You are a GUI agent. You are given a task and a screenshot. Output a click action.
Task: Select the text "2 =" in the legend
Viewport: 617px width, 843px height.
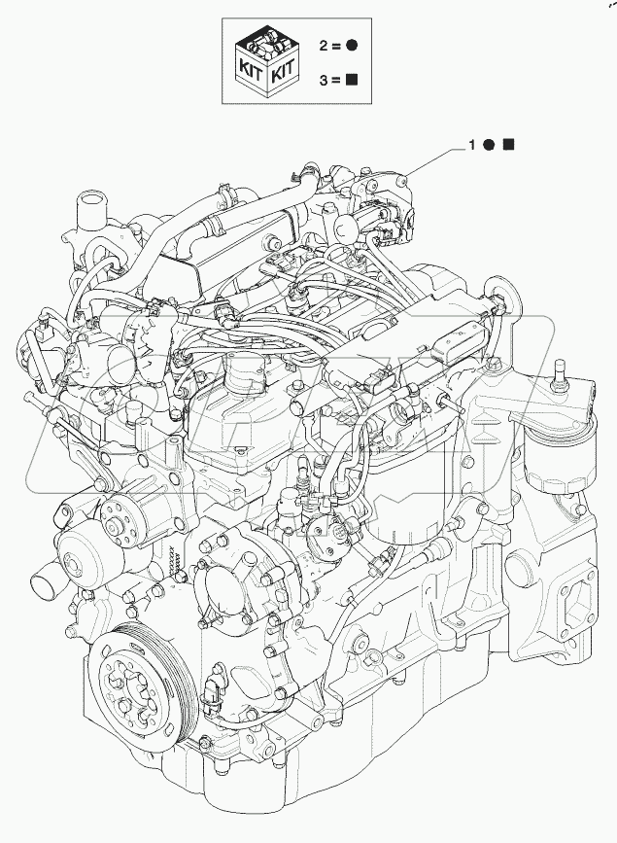pyautogui.click(x=329, y=46)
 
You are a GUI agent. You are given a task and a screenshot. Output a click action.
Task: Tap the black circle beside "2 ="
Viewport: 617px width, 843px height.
pyautogui.click(x=353, y=46)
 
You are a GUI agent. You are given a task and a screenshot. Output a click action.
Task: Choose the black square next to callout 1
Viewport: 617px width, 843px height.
pyautogui.click(x=508, y=145)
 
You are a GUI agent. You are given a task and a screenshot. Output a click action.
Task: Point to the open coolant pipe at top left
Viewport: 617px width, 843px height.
pyautogui.click(x=88, y=208)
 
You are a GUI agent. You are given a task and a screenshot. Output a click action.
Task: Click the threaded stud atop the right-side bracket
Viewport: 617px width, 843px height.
pyautogui.click(x=561, y=373)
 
